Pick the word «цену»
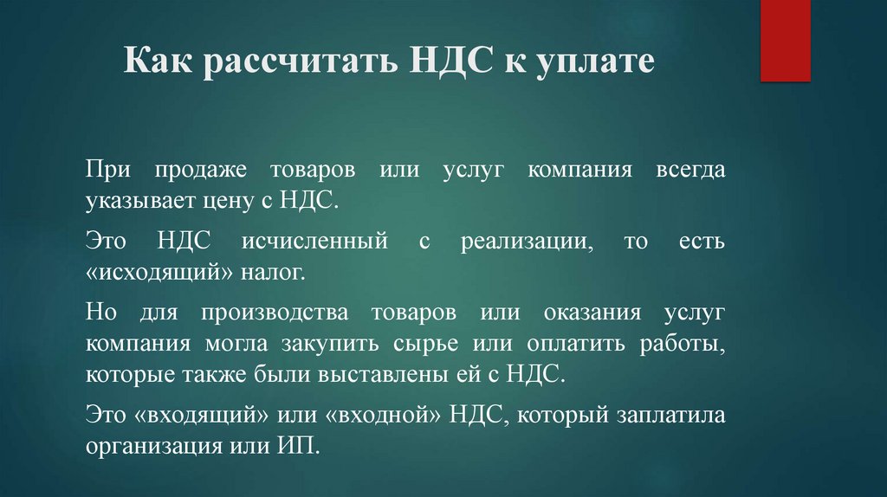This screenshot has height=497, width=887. (x=221, y=202)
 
